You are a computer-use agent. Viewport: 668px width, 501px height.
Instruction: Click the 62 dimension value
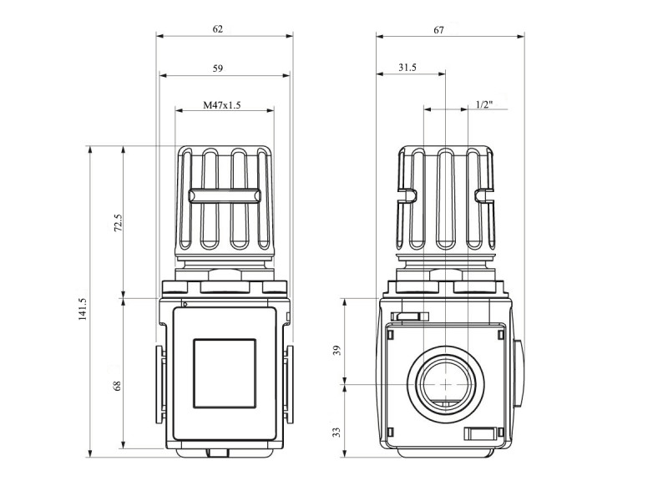tap(217, 29)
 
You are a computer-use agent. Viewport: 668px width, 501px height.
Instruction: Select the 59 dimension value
tap(217, 68)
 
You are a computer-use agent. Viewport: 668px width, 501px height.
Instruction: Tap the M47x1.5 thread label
tap(221, 105)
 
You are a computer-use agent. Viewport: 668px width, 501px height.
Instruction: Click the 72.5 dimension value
tap(118, 223)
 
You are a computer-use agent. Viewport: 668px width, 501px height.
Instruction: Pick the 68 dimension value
tap(117, 386)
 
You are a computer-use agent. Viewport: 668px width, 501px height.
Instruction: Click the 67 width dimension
tap(439, 30)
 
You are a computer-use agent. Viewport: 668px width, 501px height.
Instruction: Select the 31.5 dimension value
tap(407, 68)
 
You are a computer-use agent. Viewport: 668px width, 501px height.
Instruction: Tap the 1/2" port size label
tap(484, 104)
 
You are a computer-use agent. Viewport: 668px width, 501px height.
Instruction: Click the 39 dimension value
tap(337, 351)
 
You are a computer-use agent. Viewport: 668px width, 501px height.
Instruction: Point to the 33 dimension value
tap(337, 433)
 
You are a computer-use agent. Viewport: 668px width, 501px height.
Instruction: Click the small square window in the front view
tap(225, 373)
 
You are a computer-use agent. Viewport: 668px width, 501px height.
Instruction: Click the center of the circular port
tap(445, 384)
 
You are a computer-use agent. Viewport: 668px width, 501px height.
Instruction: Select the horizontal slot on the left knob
tap(224, 196)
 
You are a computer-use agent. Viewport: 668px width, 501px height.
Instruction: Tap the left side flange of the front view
tap(159, 384)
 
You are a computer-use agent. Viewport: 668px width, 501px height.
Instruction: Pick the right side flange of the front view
tap(289, 384)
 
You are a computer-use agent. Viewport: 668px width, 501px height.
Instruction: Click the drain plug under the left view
tap(218, 453)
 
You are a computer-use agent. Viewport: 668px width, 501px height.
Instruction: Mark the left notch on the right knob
tap(407, 195)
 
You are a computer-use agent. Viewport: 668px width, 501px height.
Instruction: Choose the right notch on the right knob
tap(484, 195)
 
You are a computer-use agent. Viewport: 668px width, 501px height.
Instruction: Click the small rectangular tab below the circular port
tap(479, 434)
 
